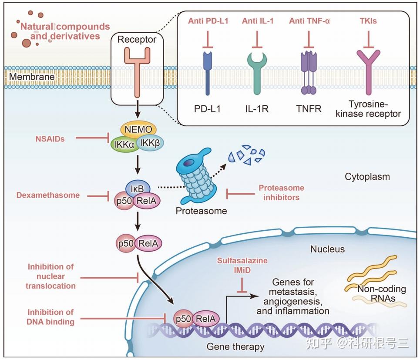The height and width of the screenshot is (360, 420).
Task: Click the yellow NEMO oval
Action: [138, 129]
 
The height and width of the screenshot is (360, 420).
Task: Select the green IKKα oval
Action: [123, 145]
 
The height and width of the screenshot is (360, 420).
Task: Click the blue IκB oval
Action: [138, 188]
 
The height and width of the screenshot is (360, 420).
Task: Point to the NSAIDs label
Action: [50, 139]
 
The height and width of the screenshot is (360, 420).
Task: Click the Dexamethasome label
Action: [48, 195]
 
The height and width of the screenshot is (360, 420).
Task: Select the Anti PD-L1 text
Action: [208, 21]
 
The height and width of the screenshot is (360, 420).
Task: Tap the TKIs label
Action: [368, 21]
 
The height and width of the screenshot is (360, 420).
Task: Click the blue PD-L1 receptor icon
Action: [208, 73]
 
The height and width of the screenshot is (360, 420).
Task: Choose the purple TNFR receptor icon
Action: [309, 73]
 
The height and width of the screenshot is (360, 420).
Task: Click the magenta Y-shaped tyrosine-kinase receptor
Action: [369, 73]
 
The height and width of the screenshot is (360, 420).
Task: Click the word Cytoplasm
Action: [367, 177]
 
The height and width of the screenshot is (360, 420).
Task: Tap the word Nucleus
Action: [327, 249]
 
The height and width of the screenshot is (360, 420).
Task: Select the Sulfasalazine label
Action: [242, 260]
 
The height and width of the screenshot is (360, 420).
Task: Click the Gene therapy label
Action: [235, 347]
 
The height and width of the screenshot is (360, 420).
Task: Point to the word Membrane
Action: [32, 77]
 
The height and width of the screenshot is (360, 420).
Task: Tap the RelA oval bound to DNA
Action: [206, 319]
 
